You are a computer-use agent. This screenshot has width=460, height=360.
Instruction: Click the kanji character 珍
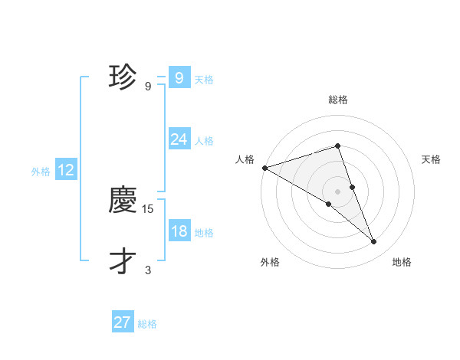pyautogui.click(x=123, y=77)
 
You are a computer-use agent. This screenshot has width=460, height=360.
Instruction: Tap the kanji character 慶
pyautogui.click(x=123, y=201)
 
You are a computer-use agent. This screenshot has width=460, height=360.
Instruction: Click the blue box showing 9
pyautogui.click(x=179, y=77)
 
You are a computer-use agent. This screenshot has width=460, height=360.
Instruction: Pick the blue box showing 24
pyautogui.click(x=179, y=139)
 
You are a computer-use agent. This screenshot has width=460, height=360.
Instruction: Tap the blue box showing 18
pyautogui.click(x=179, y=231)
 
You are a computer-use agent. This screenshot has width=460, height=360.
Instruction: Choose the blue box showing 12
pyautogui.click(x=65, y=170)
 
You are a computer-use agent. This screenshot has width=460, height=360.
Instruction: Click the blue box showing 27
pyautogui.click(x=123, y=322)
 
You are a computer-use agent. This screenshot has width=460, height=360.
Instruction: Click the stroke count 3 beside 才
pyautogui.click(x=148, y=270)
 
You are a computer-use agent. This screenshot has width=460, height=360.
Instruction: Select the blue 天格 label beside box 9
pyautogui.click(x=204, y=79)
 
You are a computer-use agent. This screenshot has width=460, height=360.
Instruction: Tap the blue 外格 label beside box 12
pyautogui.click(x=41, y=172)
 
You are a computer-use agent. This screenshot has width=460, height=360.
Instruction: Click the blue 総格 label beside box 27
pyautogui.click(x=147, y=324)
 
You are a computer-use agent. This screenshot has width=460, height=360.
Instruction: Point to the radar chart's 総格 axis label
pyautogui.click(x=337, y=100)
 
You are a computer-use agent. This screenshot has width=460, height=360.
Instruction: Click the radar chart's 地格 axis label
pyautogui.click(x=402, y=263)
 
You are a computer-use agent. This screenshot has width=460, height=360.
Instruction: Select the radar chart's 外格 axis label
pyautogui.click(x=270, y=263)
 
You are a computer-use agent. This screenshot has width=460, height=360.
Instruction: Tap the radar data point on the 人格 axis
pyautogui.click(x=264, y=167)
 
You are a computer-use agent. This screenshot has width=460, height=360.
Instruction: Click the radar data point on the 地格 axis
pyautogui.click(x=374, y=242)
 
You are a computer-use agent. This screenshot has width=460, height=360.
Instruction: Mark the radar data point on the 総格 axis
pyautogui.click(x=337, y=146)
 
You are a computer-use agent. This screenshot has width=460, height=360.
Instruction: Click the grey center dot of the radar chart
pyautogui.click(x=337, y=191)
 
